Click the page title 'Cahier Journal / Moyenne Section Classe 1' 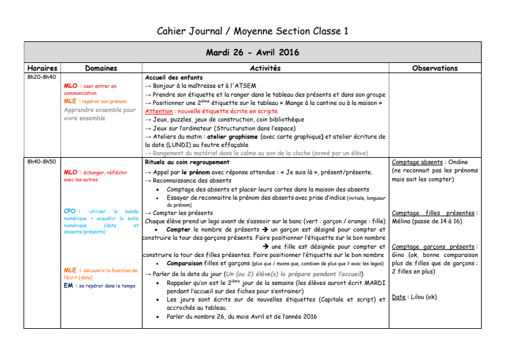[253, 31]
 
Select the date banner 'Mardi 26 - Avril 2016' [253, 52]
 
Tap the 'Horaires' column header [43, 68]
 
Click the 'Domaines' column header [101, 68]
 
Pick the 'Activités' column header [265, 68]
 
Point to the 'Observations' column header [435, 68]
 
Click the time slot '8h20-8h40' [41, 78]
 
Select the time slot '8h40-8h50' [41, 162]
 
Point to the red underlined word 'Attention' [158, 111]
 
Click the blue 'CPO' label [71, 211]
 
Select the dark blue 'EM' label [69, 286]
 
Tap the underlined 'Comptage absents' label [417, 162]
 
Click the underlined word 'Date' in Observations [399, 297]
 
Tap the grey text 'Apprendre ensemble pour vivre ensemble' [100, 114]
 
